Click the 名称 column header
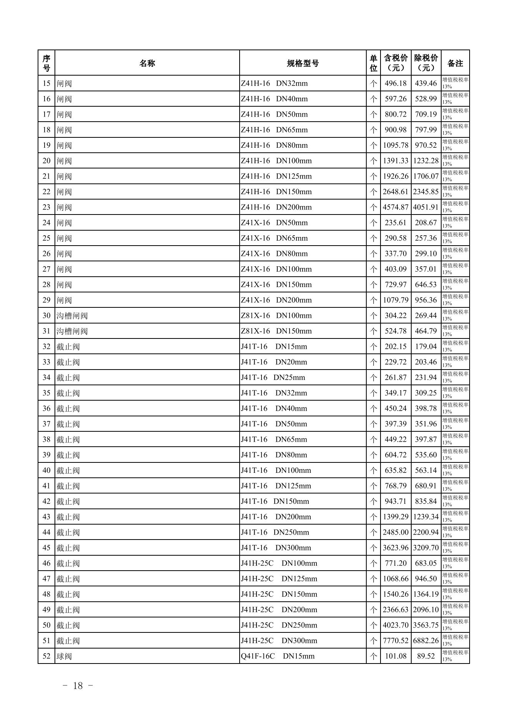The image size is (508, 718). pyautogui.click(x=147, y=63)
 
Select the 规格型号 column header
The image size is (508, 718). pyautogui.click(x=303, y=63)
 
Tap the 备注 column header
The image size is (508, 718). pyautogui.click(x=455, y=63)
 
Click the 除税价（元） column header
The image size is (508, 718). pyautogui.click(x=426, y=63)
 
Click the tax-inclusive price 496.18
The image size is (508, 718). pyautogui.click(x=395, y=84)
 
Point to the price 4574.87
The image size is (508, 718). pyautogui.click(x=395, y=207)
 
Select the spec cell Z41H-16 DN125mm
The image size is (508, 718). pyautogui.click(x=276, y=177)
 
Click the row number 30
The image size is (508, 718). pyautogui.click(x=46, y=316)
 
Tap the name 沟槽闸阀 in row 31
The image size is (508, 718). pyautogui.click(x=72, y=331)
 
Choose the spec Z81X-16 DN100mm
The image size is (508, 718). pyautogui.click(x=276, y=316)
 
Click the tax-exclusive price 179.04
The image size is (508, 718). pyautogui.click(x=426, y=347)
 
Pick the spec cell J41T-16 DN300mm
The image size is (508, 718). pyautogui.click(x=276, y=548)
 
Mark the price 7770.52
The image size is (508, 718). pyautogui.click(x=395, y=641)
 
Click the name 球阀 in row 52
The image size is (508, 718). pyautogui.click(x=64, y=656)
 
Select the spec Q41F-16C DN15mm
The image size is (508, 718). pyautogui.click(x=278, y=656)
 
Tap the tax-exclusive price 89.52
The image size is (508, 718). pyautogui.click(x=426, y=656)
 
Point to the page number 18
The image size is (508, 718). pyautogui.click(x=78, y=686)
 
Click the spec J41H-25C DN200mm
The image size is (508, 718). pyautogui.click(x=279, y=610)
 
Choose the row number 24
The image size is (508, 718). pyautogui.click(x=46, y=223)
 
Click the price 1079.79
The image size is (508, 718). pyautogui.click(x=395, y=300)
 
